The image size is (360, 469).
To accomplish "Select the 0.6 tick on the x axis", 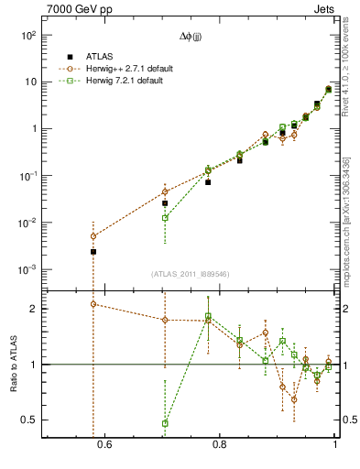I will (x=104, y=444).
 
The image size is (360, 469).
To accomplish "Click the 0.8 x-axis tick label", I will (x=220, y=444).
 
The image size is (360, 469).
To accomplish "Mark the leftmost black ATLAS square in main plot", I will (x=93, y=251).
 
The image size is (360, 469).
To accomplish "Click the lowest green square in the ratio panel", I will (x=165, y=423).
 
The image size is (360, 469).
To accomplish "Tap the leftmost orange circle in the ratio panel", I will (x=93, y=304).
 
